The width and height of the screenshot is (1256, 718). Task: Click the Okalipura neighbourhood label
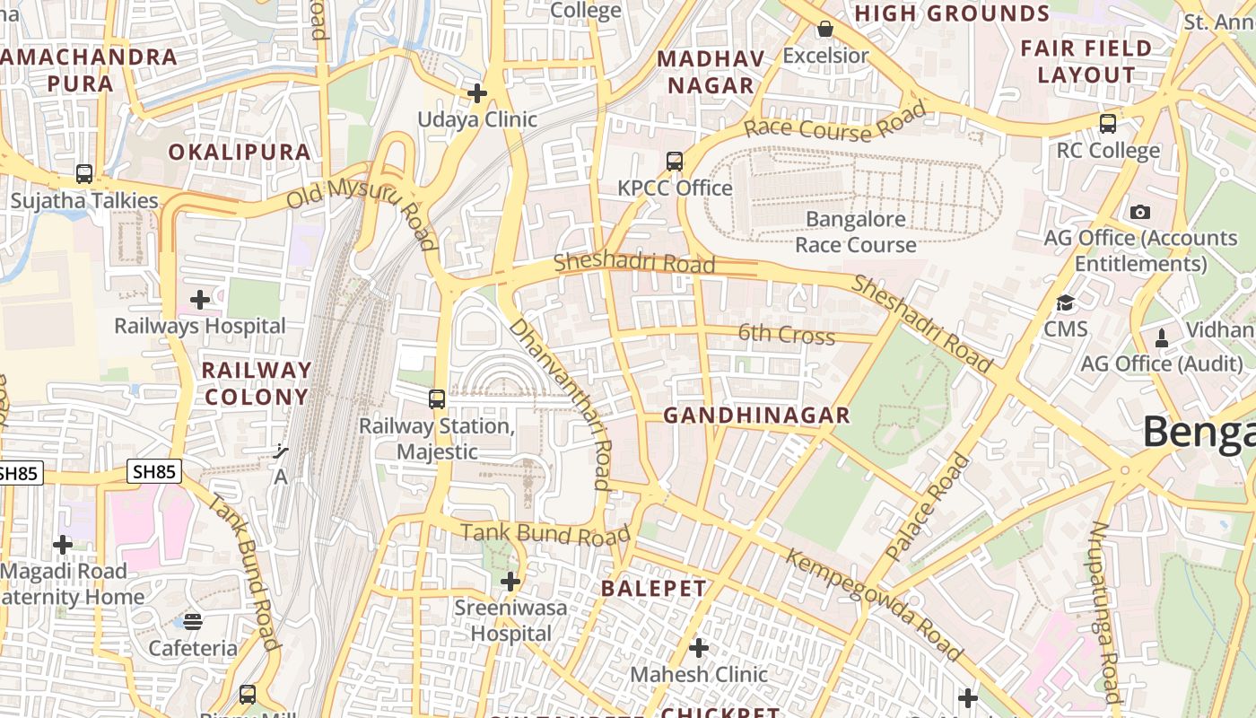click(240, 152)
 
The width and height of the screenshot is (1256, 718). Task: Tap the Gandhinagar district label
click(756, 415)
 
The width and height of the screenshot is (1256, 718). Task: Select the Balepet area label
click(654, 589)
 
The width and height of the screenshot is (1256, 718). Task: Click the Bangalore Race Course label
click(856, 232)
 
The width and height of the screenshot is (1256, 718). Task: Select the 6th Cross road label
click(787, 335)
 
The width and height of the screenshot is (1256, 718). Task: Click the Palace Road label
click(929, 508)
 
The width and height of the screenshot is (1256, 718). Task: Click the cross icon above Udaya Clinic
click(477, 92)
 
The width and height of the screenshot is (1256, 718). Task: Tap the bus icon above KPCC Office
click(675, 162)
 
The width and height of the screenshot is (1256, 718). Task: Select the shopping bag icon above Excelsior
click(825, 30)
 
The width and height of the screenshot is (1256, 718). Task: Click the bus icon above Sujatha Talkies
click(84, 173)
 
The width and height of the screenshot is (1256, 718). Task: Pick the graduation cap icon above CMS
click(1066, 303)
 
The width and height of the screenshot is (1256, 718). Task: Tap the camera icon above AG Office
click(1140, 212)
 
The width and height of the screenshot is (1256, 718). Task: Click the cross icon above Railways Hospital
click(200, 299)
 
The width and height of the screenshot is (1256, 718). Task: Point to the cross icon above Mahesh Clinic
click(699, 647)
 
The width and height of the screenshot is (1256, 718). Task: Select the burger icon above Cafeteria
click(193, 621)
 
